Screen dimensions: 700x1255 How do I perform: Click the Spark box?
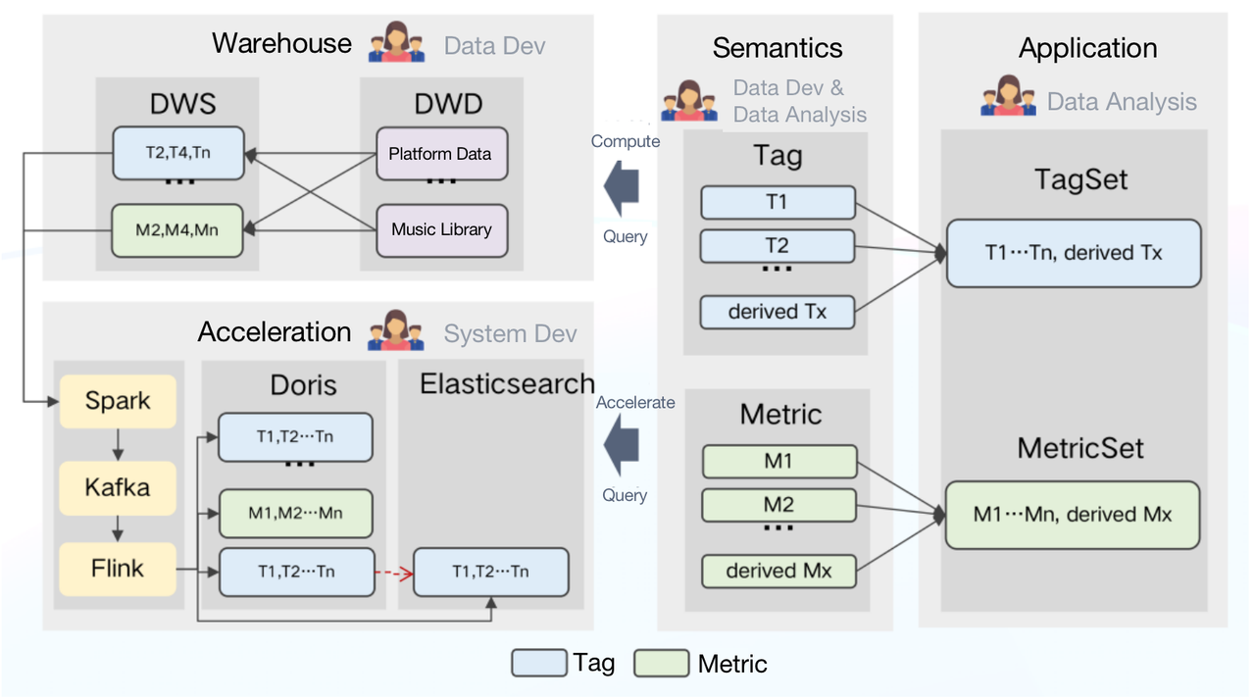(118, 401)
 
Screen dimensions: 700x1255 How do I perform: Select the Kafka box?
(118, 486)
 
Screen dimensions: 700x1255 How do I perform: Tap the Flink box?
(118, 569)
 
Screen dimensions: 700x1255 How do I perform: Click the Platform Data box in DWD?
(441, 154)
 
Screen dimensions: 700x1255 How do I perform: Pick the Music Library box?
(441, 230)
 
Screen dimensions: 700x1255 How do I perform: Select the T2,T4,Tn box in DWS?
(178, 154)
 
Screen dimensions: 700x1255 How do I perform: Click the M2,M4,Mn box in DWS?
(176, 230)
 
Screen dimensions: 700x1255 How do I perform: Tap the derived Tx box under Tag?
(778, 312)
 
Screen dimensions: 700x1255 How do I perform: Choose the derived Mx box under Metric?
(778, 571)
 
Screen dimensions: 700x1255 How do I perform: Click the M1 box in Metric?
(778, 462)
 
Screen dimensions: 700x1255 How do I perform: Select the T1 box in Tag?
(778, 203)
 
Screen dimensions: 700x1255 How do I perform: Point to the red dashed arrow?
(393, 572)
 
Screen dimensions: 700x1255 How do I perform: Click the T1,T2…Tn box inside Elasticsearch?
(490, 572)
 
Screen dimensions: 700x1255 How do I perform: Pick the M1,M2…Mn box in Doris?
(295, 513)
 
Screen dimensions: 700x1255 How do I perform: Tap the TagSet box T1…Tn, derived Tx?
(1073, 253)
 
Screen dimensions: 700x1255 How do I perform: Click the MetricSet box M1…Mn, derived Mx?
(1072, 515)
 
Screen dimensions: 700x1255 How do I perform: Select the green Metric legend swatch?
(662, 664)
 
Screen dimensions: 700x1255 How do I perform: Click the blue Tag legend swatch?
(538, 664)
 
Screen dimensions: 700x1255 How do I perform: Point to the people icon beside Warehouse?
(396, 43)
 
